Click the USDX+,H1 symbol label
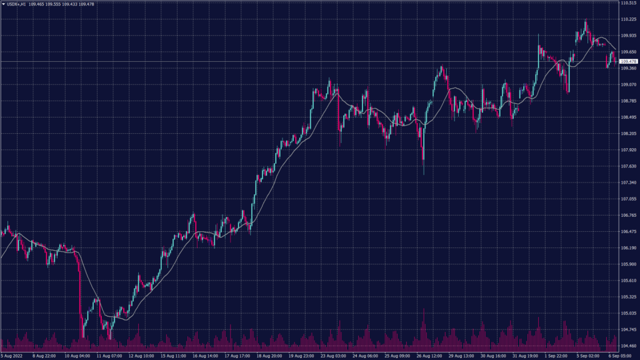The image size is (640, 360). coord(17,4)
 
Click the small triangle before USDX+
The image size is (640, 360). coord(3,4)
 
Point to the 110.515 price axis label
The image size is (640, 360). coord(629,3)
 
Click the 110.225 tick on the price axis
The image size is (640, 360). coord(629,19)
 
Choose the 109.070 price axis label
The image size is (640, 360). coord(629,84)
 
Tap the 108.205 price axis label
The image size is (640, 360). coord(629,133)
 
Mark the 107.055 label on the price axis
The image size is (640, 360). coord(629,199)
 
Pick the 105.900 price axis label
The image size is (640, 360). coord(629,264)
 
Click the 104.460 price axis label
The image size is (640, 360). coord(629,346)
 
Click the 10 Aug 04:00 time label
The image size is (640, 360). coord(77,356)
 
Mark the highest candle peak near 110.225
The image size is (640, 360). coord(586,21)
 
